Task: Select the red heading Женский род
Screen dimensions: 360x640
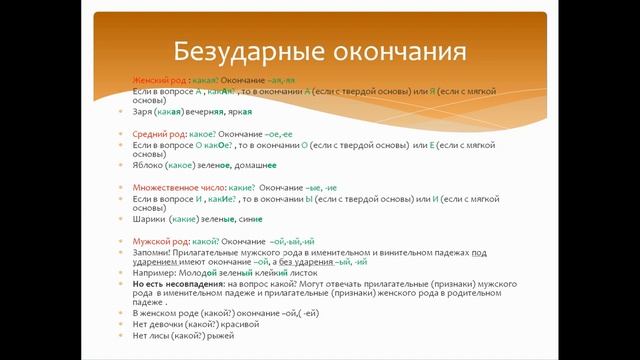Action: [x=158, y=79]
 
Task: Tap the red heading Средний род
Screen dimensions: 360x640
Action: [x=158, y=133]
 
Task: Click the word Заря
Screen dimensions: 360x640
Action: [x=142, y=112]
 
